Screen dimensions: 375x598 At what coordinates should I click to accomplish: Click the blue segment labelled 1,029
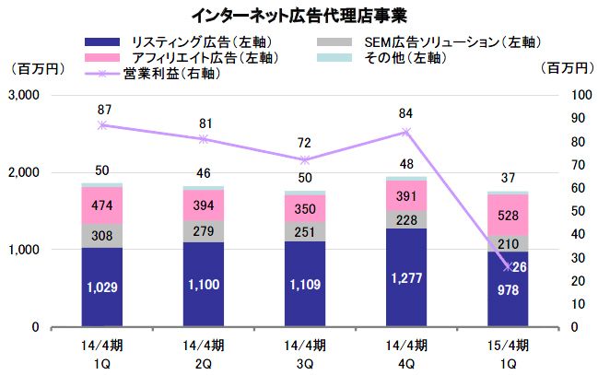102,287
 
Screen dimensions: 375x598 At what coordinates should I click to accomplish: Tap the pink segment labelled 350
304,209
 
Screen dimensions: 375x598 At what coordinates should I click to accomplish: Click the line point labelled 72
305,159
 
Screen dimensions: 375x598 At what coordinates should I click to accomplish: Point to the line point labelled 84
405,132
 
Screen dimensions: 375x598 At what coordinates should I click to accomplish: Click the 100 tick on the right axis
570,95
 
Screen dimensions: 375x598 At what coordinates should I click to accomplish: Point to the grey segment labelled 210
508,243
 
